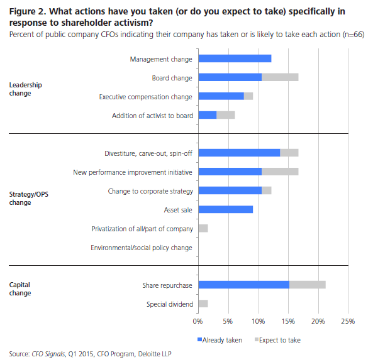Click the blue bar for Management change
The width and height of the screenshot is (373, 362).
pos(235,58)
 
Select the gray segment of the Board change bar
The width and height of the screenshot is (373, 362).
pos(280,77)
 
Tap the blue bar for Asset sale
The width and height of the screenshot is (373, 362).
pos(225,209)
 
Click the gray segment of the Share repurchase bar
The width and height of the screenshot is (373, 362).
pos(307,285)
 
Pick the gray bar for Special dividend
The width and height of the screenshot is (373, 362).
pos(203,304)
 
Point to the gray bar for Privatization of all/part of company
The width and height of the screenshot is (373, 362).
pos(203,228)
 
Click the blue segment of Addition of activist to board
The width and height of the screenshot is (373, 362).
pos(207,115)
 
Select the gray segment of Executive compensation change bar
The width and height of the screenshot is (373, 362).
pos(248,96)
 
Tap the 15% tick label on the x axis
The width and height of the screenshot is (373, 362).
pos(288,321)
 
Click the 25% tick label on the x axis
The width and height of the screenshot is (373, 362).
pos(348,321)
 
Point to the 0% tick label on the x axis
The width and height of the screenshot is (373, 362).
pos(198,321)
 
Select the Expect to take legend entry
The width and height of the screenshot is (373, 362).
pos(276,339)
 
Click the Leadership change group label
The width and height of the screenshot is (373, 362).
pos(24,88)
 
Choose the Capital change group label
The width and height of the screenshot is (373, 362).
pos(20,288)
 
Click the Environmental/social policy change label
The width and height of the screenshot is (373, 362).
pos(141,248)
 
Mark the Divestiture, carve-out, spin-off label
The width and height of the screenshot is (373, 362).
pos(148,153)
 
